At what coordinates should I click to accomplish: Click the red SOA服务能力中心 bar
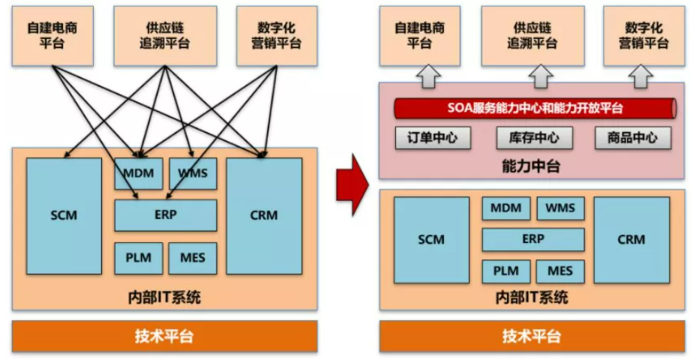click(535, 108)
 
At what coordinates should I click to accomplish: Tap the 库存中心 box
click(534, 138)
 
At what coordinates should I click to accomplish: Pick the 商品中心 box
click(633, 138)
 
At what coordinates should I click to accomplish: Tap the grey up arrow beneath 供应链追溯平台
click(540, 75)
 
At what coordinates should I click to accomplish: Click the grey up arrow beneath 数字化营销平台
click(642, 75)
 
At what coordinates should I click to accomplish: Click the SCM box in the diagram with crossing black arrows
click(64, 216)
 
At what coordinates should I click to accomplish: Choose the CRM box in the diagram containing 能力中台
click(631, 240)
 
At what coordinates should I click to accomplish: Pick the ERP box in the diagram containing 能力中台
click(532, 240)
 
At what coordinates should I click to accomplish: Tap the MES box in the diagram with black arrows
click(192, 258)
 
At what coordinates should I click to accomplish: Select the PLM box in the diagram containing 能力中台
click(505, 271)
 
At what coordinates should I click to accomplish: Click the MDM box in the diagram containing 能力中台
click(505, 208)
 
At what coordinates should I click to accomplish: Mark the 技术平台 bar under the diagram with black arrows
click(164, 336)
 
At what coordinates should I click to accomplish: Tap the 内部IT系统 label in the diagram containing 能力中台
click(532, 297)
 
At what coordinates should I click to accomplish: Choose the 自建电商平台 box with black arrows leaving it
click(52, 35)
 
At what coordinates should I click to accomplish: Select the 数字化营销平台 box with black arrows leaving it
click(275, 35)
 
